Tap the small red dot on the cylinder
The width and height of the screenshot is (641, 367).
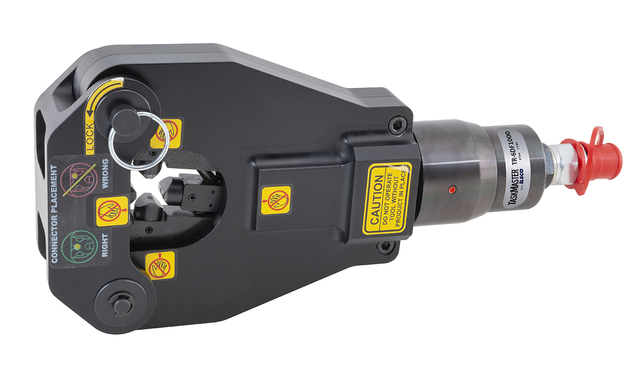(x=452, y=189)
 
